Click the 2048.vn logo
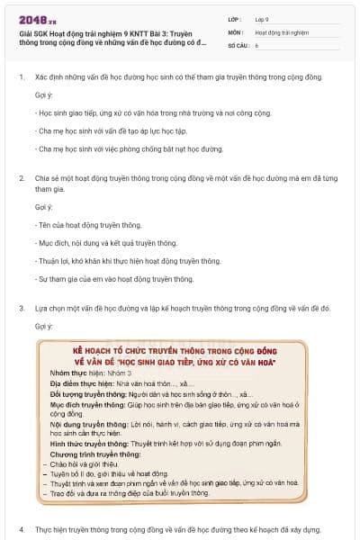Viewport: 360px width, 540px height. pyautogui.click(x=36, y=15)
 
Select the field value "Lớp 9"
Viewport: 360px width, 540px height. pyautogui.click(x=264, y=17)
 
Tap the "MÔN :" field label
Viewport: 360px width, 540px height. pyautogui.click(x=237, y=31)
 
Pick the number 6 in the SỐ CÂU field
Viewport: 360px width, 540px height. pyautogui.click(x=256, y=43)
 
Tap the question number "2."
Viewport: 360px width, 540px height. pyautogui.click(x=21, y=178)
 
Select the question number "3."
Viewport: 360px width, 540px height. pyautogui.click(x=21, y=308)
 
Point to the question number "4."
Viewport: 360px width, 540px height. pyautogui.click(x=21, y=529)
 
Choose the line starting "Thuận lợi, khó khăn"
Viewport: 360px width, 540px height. pyautogui.click(x=128, y=261)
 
